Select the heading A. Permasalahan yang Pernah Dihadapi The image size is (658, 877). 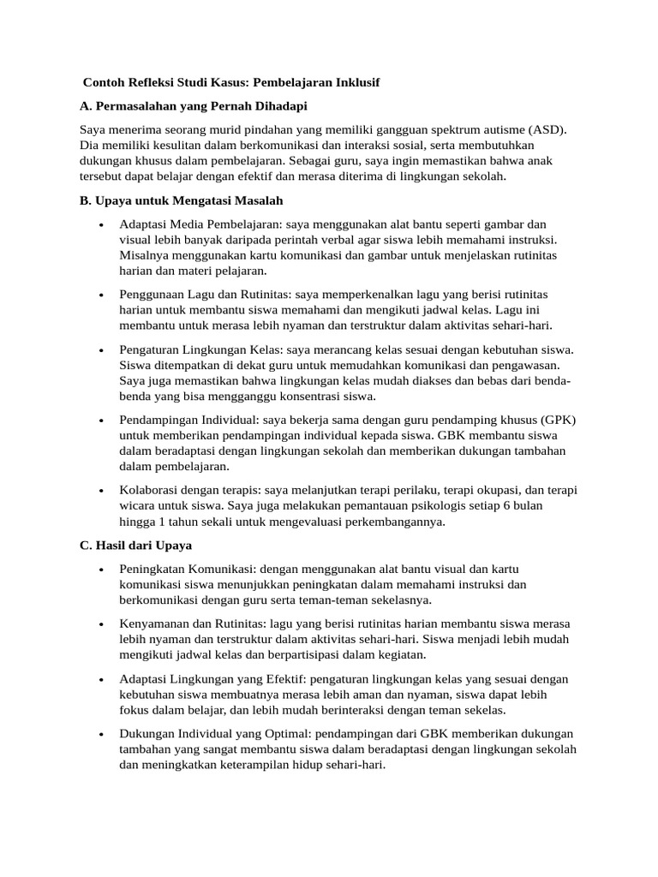click(193, 105)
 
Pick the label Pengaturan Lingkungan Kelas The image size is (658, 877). click(200, 349)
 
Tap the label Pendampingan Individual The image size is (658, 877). click(189, 420)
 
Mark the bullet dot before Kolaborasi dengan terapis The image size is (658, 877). click(102, 491)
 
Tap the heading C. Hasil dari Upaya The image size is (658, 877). click(136, 545)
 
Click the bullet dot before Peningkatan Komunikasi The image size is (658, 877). click(102, 570)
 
